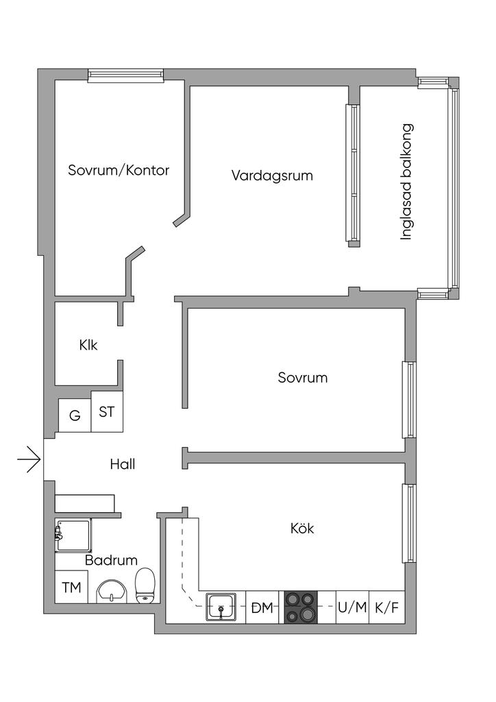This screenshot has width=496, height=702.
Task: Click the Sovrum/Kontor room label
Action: (119, 170)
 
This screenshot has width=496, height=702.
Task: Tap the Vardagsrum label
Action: (272, 175)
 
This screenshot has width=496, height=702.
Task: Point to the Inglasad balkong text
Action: (407, 182)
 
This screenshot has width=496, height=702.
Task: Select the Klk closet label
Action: (88, 345)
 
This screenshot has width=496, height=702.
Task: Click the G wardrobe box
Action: (75, 415)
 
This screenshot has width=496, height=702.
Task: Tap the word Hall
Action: (123, 464)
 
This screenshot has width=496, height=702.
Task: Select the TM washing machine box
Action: (71, 587)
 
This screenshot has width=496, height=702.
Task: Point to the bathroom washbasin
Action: (111, 590)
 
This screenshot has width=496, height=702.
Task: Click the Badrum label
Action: (112, 560)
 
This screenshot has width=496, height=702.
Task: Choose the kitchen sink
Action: (221, 607)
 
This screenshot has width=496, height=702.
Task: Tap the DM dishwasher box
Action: (262, 607)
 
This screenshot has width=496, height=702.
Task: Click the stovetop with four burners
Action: (301, 607)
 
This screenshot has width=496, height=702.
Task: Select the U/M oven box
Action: (352, 607)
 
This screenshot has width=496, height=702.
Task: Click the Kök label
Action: (302, 529)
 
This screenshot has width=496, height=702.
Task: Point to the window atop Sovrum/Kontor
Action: (126, 75)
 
